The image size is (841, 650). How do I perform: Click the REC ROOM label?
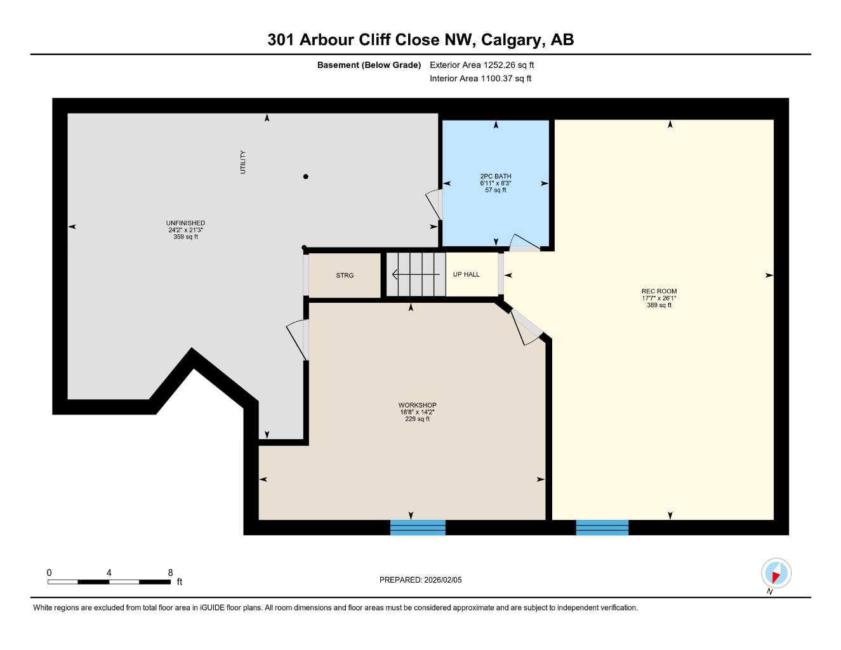tap(659, 291)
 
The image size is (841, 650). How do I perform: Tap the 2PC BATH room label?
tap(495, 176)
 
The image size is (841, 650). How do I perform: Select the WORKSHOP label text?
tap(417, 405)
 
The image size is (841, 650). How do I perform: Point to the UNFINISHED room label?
tap(185, 223)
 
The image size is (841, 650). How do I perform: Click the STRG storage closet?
tap(345, 275)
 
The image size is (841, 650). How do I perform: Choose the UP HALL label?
tap(467, 274)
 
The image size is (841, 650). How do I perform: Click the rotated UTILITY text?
tap(242, 162)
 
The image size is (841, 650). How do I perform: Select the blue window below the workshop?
tap(418, 527)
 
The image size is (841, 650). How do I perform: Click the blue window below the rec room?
tap(602, 527)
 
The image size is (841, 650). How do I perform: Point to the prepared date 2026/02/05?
tap(420, 580)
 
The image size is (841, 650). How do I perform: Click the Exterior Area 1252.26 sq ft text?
tap(482, 65)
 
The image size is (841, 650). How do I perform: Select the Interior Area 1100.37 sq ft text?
tap(480, 79)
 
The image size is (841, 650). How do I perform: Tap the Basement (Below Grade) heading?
tap(369, 65)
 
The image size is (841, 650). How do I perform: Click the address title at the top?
tap(420, 39)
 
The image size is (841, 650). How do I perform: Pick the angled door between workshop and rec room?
tap(527, 326)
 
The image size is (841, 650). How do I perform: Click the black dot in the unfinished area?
tap(306, 176)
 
